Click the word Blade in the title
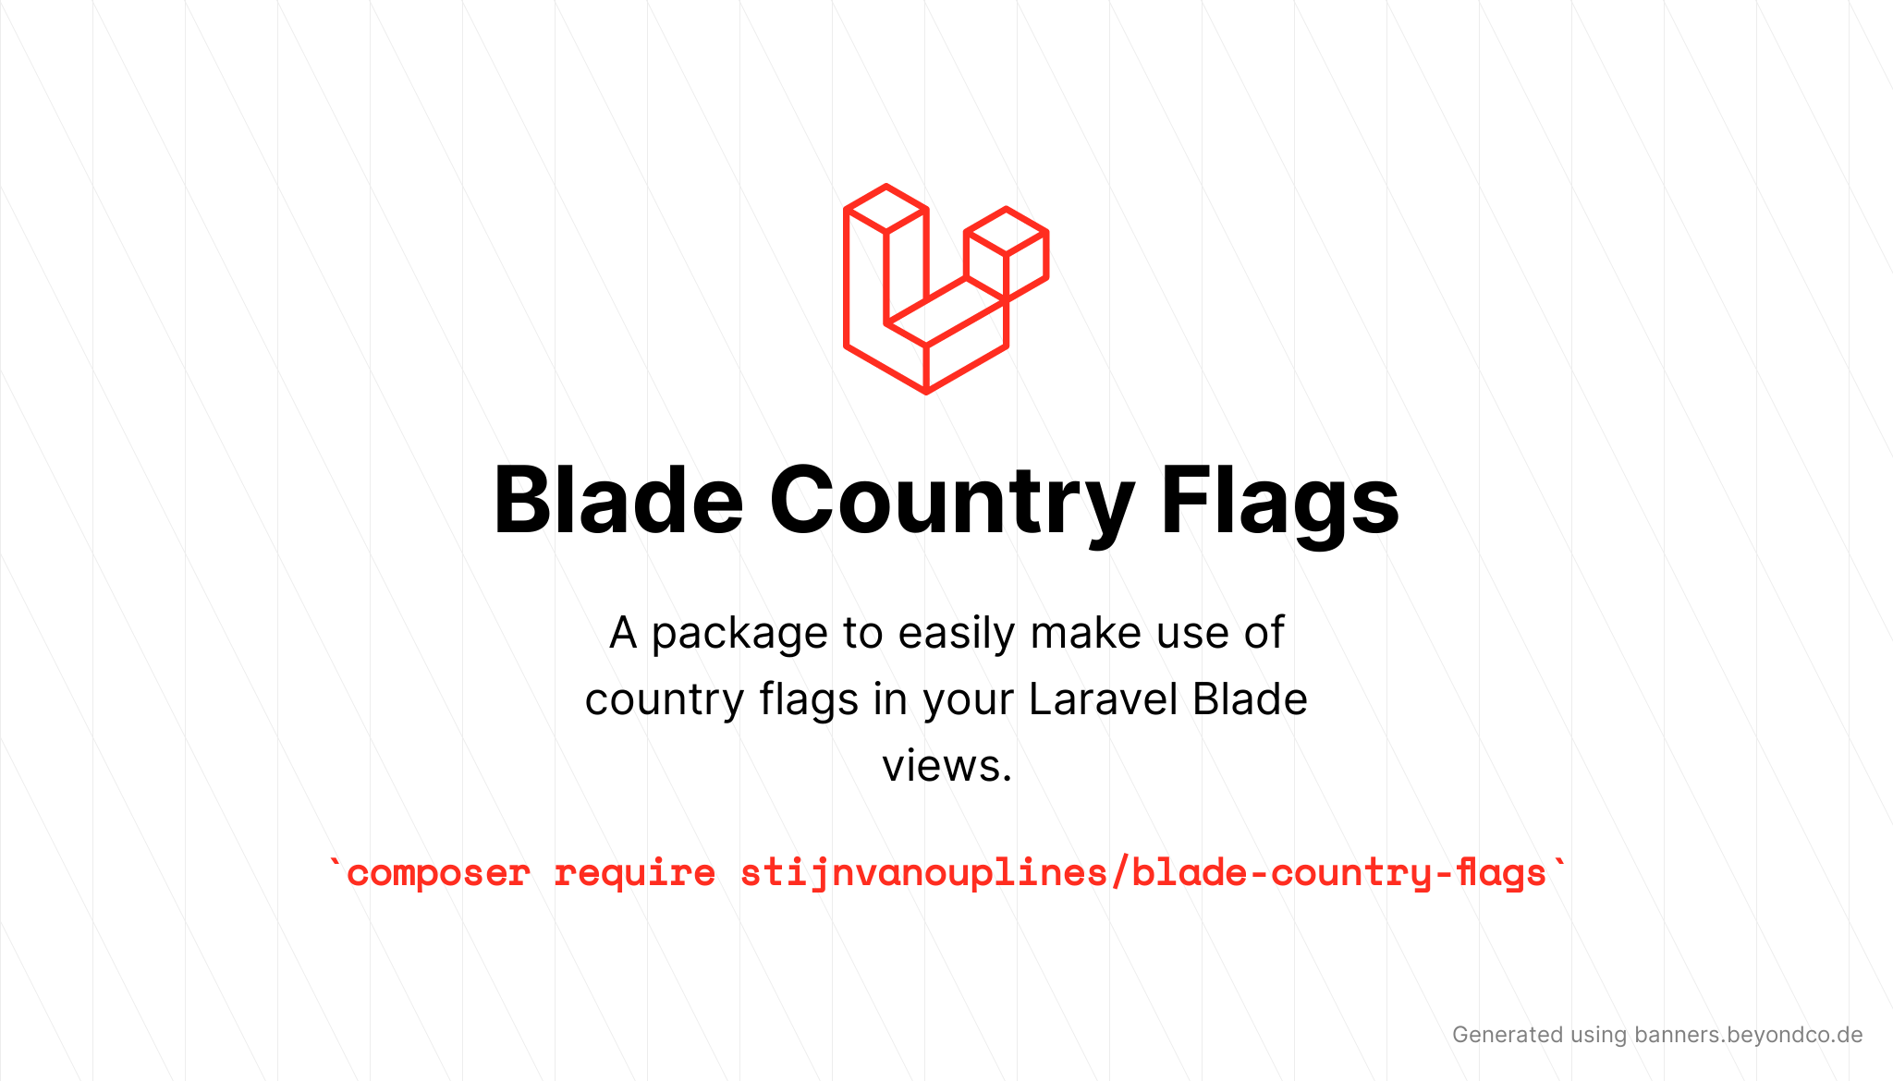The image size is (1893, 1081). [618, 500]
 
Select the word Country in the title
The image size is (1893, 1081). [952, 504]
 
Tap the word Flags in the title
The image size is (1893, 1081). [1280, 504]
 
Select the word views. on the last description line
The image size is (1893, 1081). [947, 766]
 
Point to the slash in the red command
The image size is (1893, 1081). [1120, 873]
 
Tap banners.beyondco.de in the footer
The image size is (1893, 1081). [1748, 1035]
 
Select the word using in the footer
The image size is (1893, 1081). [1599, 1036]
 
